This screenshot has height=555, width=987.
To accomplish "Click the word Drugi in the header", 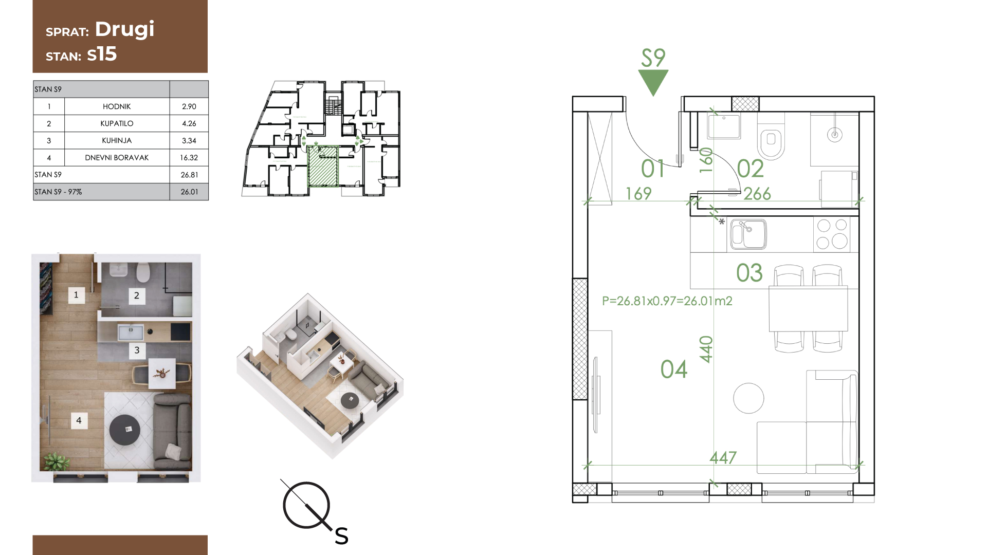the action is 124,29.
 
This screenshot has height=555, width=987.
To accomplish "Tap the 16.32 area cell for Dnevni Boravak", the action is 189,158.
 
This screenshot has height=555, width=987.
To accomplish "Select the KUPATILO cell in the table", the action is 117,123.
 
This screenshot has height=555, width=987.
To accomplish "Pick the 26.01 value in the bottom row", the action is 189,192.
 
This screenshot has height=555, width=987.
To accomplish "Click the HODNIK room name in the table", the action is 117,106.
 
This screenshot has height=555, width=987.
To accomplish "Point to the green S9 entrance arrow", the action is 653,82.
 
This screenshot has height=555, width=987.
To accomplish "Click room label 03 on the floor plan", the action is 749,273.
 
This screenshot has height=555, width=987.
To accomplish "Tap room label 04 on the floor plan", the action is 674,369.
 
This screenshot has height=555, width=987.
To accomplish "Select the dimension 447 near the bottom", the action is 723,457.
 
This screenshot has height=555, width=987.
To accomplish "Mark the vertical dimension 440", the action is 706,349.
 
